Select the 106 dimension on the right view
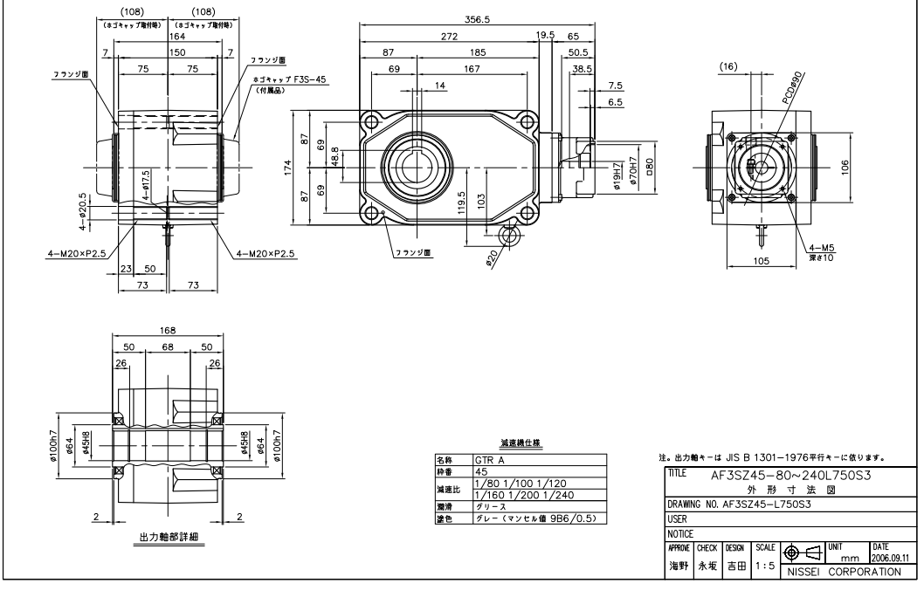pyautogui.click(x=845, y=168)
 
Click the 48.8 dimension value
pyautogui.click(x=334, y=156)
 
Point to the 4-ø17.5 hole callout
pyautogui.click(x=147, y=183)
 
